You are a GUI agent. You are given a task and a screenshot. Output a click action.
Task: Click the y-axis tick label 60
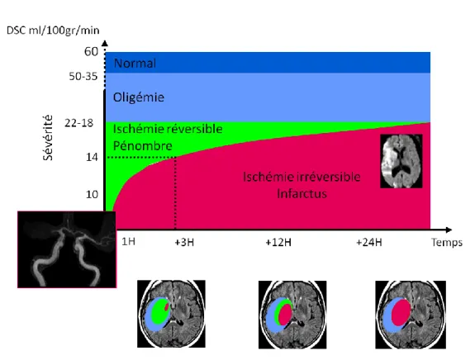tap(91, 51)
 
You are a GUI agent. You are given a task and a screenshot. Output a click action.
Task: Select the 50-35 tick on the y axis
tap(83, 76)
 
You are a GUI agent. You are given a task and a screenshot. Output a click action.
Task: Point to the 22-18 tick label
tap(78, 123)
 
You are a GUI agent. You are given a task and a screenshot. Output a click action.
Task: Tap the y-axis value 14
tap(92, 157)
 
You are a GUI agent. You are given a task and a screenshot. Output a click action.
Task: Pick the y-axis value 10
tap(92, 194)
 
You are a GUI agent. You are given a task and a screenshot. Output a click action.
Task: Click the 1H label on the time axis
tap(128, 241)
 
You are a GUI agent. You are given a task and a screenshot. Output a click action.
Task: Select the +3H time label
tap(184, 243)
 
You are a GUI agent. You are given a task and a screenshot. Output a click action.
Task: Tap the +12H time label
tap(278, 243)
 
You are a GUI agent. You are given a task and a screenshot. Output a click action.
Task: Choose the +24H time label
tap(369, 243)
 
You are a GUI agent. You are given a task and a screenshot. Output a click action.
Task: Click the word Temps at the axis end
tap(447, 243)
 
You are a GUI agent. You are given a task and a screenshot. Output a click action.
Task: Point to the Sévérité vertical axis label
tap(48, 138)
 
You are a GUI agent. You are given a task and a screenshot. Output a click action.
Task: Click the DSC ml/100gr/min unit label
tap(53, 31)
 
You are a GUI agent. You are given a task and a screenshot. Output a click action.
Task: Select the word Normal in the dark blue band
tap(135, 64)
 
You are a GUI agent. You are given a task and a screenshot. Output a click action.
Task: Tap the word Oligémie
tap(139, 97)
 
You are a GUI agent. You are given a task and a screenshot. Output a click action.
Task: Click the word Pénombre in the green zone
tap(143, 146)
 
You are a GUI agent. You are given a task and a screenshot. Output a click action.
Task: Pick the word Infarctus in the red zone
tap(302, 194)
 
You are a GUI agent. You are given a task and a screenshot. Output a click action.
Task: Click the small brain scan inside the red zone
tap(401, 161)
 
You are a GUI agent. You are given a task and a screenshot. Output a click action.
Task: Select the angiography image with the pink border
tap(67, 249)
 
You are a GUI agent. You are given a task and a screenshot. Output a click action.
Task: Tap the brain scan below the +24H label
tap(411, 315)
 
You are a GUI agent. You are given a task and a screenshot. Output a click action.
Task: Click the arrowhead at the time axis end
tap(449, 230)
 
